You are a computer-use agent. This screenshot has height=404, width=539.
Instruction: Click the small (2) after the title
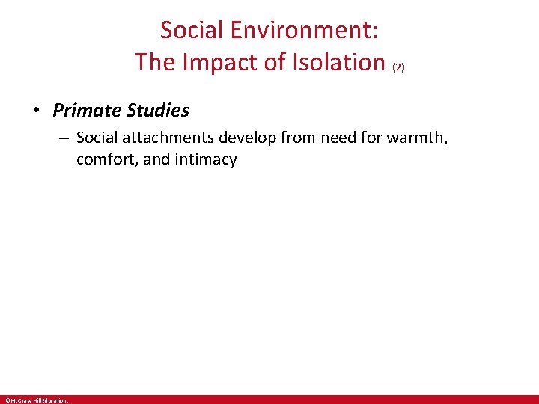pos(398,67)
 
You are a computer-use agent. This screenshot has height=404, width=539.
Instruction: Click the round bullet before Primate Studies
pos(37,111)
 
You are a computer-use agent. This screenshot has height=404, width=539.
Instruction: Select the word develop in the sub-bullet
pos(247,138)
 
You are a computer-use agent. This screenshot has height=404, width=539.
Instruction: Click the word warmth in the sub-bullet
pos(419,138)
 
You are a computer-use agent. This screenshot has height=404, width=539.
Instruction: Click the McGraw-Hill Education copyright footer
pos(37,400)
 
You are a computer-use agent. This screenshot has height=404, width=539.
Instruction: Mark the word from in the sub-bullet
pos(295,138)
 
